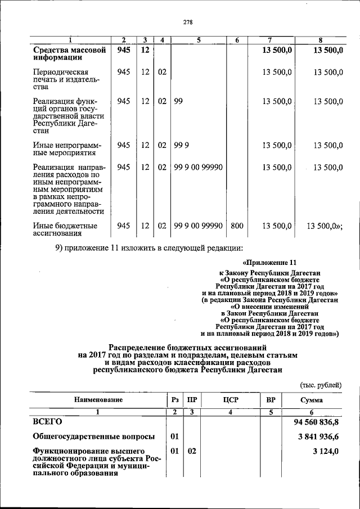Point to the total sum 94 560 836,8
[318, 421]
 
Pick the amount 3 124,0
[327, 452]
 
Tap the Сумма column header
[311, 399]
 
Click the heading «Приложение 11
[268, 263]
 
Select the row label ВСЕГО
[47, 421]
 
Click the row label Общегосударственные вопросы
[93, 436]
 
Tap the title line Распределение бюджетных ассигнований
[187, 348]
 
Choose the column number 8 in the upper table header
[321, 40]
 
